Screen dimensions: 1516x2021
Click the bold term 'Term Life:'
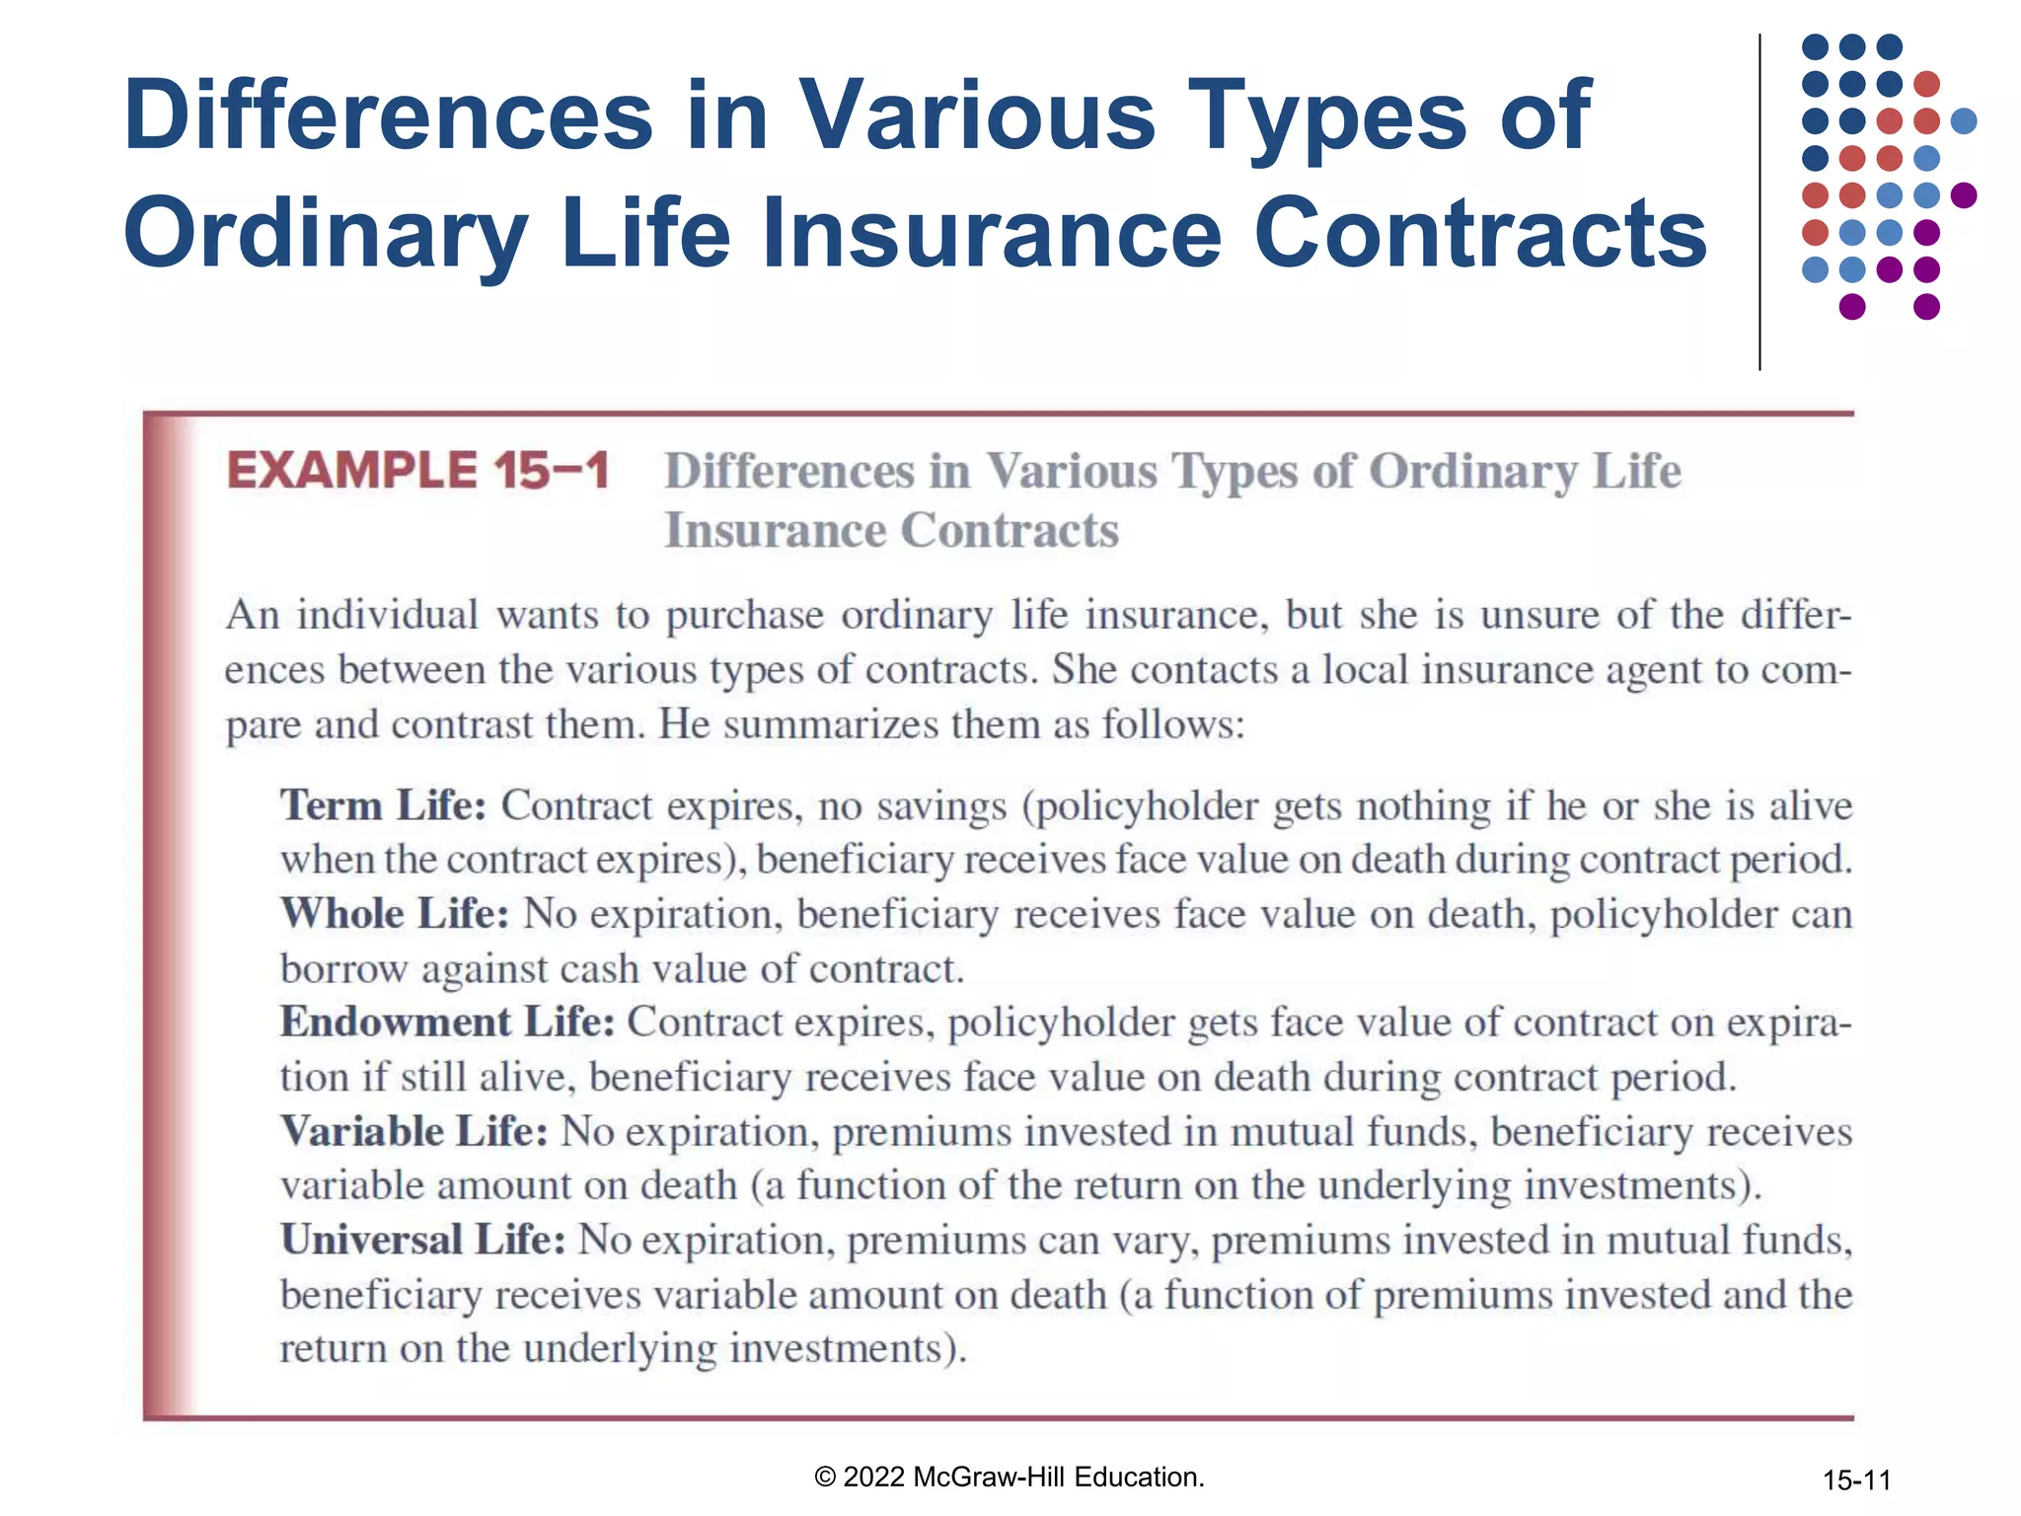tap(383, 805)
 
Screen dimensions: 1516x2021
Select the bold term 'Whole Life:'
tap(395, 914)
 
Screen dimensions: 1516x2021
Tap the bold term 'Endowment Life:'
tap(447, 1023)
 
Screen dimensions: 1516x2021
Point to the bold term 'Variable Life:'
tap(413, 1131)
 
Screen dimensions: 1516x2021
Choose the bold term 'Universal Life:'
tap(422, 1240)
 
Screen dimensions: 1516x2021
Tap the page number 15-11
tap(1856, 1480)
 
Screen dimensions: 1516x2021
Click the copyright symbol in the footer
tap(825, 1478)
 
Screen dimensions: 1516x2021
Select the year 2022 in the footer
tap(874, 1478)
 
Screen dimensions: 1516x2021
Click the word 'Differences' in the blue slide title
tap(388, 115)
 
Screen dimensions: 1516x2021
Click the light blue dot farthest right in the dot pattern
tap(1964, 121)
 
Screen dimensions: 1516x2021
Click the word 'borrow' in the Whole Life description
tap(343, 969)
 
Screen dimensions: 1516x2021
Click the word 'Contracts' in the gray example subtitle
tap(1010, 530)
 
